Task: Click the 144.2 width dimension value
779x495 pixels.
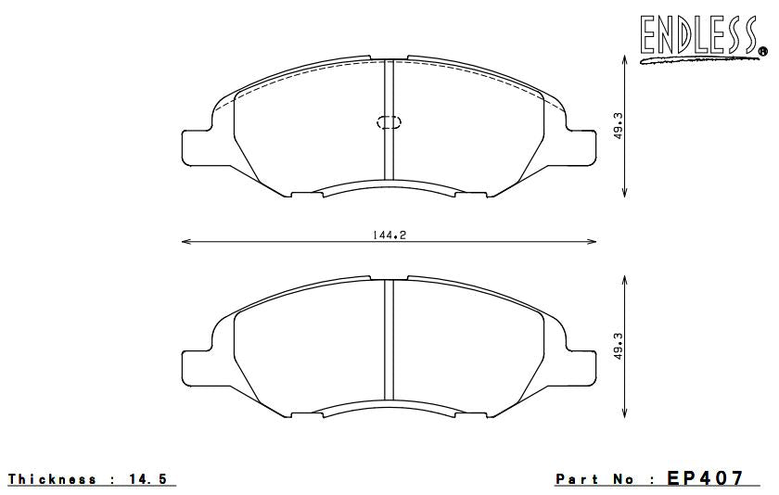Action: (389, 235)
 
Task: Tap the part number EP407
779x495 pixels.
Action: (706, 478)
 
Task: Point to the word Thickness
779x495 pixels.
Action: (53, 479)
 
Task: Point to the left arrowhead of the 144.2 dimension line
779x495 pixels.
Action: (185, 242)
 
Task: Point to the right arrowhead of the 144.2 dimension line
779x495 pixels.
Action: (594, 242)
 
